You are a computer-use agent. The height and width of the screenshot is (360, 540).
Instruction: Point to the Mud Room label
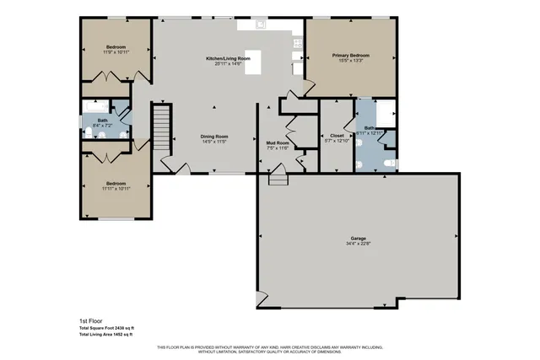[278, 143]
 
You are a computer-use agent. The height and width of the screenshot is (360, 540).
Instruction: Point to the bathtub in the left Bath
[98, 107]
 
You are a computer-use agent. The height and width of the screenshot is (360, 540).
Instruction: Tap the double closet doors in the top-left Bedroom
[114, 78]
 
